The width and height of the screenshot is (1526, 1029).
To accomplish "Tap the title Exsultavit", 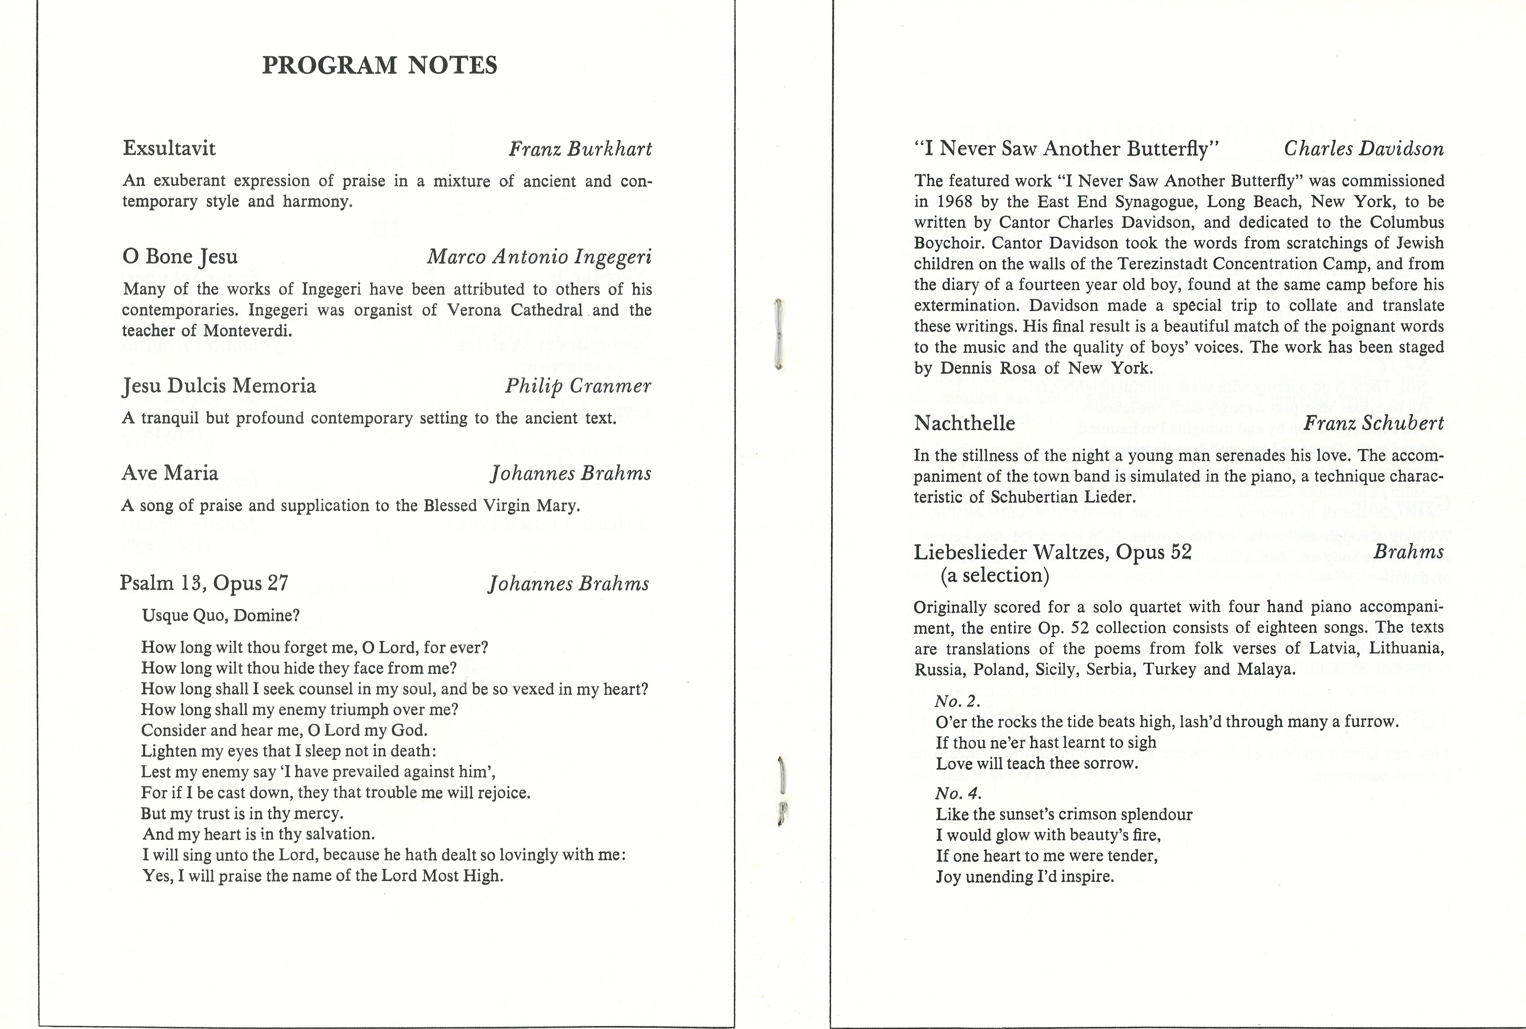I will click(x=169, y=148).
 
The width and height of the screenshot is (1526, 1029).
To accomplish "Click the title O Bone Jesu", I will click(x=180, y=257).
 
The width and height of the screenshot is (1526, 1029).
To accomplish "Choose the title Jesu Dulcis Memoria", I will click(x=219, y=386).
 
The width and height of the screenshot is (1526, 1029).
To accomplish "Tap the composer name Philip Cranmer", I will click(x=578, y=386).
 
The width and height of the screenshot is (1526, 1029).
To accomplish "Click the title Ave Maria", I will click(x=170, y=473).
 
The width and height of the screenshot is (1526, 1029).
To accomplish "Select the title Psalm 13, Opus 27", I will click(x=204, y=583).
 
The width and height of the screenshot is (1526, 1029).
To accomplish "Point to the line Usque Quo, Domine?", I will click(x=221, y=616).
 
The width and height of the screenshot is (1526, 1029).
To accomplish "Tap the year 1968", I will click(x=951, y=202).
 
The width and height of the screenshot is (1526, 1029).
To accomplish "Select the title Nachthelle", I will click(x=965, y=423).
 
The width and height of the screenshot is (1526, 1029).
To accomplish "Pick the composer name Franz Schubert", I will click(x=1374, y=423).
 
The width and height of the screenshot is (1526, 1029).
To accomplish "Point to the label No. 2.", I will click(x=958, y=701).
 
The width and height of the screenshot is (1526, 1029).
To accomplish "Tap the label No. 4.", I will click(x=958, y=794).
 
